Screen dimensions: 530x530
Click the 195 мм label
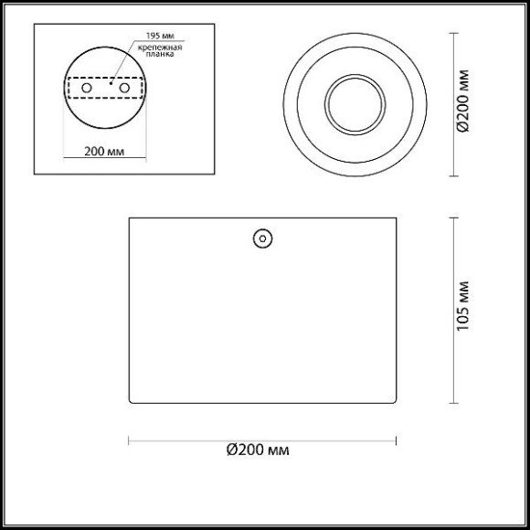[x=160, y=36]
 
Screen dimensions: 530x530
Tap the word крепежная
[x=160, y=48]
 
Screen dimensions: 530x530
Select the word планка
[x=160, y=54]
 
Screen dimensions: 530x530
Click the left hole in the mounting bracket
[x=87, y=88]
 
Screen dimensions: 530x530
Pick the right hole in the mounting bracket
[x=124, y=88]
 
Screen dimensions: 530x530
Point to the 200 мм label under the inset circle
[x=104, y=152]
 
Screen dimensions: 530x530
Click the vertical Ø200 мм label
[x=463, y=101]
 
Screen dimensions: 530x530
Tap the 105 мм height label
[x=463, y=306]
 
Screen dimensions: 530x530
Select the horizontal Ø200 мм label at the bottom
[x=258, y=450]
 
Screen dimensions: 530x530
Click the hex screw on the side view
[x=262, y=238]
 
